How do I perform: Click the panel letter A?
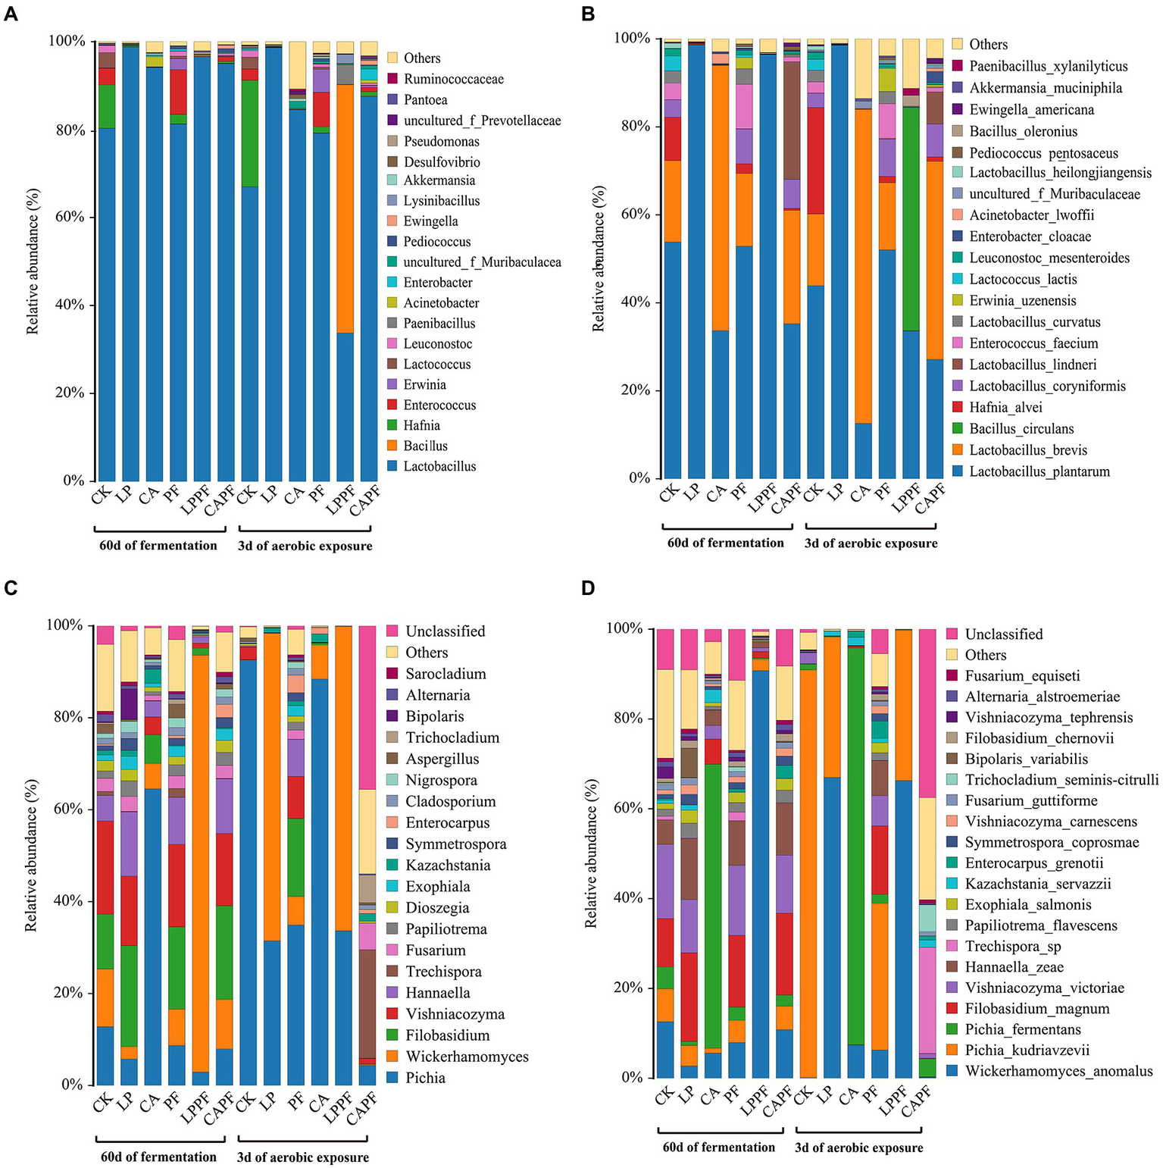[11, 14]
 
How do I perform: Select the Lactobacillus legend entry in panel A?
[439, 467]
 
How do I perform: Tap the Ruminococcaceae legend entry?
[453, 79]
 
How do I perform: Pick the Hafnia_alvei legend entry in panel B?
[1005, 408]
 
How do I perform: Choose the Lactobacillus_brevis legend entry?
[1027, 450]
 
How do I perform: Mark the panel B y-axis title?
[599, 258]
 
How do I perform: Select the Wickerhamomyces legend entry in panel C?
[467, 1057]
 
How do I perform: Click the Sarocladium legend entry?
[446, 674]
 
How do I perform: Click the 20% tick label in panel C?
[68, 993]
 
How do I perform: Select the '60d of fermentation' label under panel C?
[158, 1157]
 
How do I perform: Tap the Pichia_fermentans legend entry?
[1022, 1029]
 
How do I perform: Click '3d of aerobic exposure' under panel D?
[858, 1148]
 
